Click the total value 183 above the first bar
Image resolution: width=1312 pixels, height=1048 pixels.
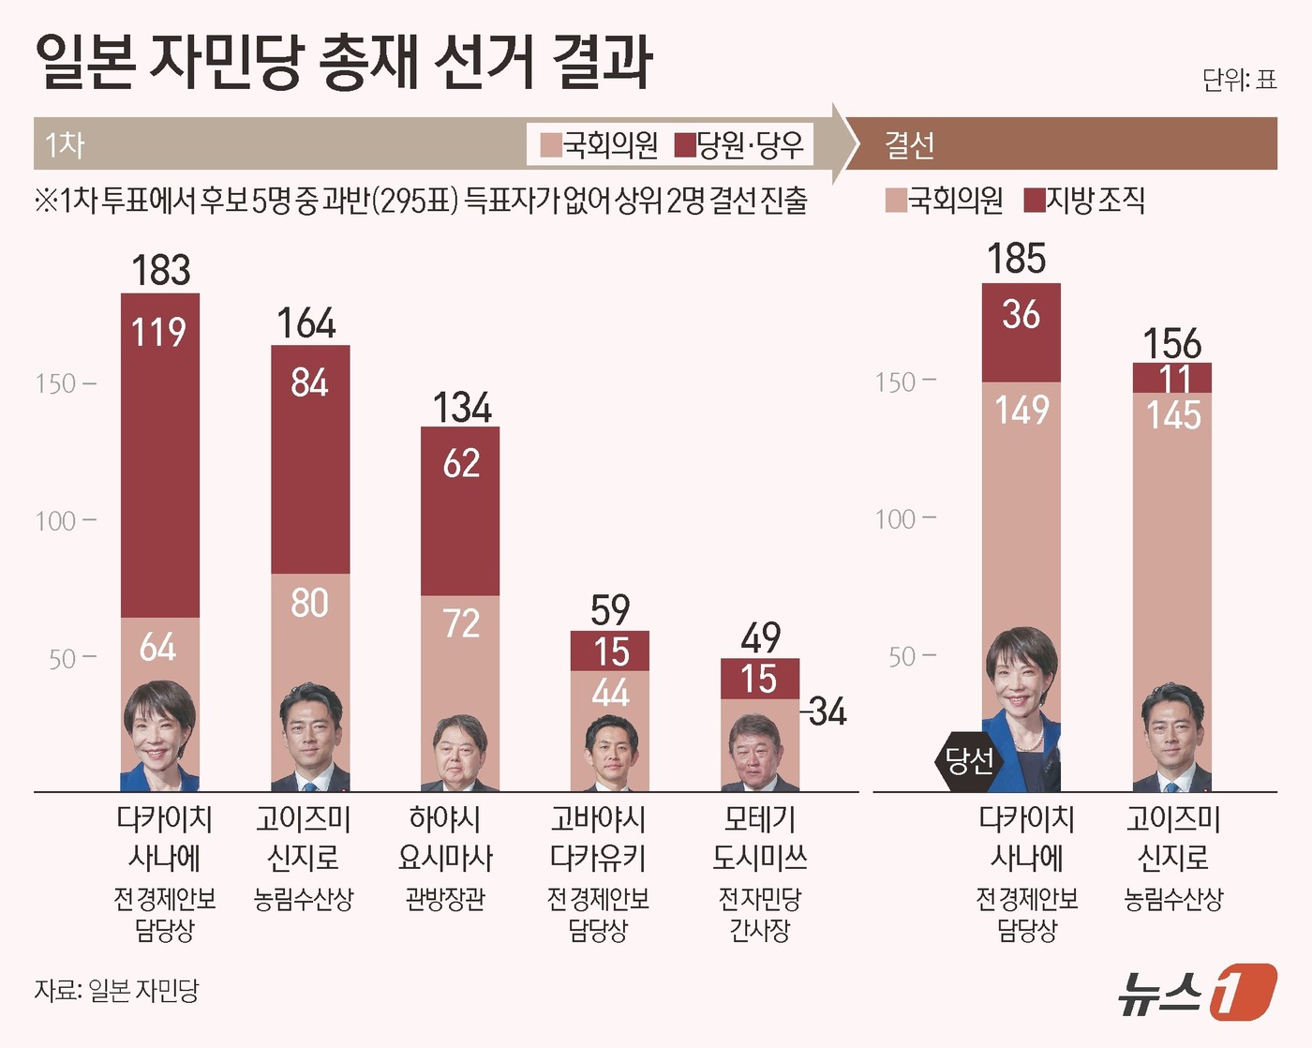click(x=160, y=270)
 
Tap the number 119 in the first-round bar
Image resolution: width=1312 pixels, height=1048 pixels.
click(x=158, y=333)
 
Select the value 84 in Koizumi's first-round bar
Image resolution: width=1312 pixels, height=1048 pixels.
click(x=309, y=382)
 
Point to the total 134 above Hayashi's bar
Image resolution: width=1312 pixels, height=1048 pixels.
click(x=461, y=408)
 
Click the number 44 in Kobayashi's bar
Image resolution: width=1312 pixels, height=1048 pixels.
click(x=610, y=693)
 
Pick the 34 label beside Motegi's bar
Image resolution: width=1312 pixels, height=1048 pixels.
click(x=827, y=712)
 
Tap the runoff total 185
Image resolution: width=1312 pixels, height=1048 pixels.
click(x=1016, y=259)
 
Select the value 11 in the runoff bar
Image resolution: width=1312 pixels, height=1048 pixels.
click(x=1173, y=379)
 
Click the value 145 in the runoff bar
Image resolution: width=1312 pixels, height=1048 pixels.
click(x=1173, y=414)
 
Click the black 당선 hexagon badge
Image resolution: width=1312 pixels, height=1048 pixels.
click(x=969, y=760)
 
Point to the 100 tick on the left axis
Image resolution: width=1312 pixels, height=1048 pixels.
click(x=56, y=520)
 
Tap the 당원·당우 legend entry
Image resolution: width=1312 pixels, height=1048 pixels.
click(x=739, y=144)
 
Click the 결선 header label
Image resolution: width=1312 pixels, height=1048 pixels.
click(x=909, y=144)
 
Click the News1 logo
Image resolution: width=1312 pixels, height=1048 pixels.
click(x=1197, y=991)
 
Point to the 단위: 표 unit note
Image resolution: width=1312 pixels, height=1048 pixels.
click(x=1239, y=81)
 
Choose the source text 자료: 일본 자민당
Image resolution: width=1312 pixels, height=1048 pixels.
click(x=117, y=991)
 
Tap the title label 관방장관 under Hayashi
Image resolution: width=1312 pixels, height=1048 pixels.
click(x=445, y=899)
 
